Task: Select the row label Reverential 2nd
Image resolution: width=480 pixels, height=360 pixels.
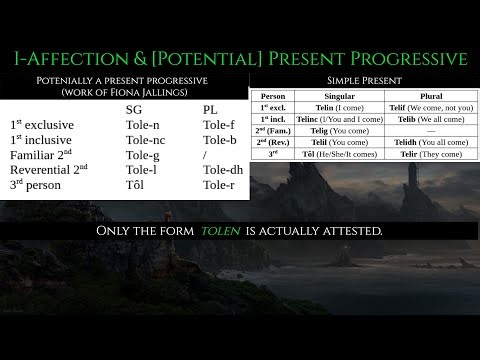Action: [51, 172]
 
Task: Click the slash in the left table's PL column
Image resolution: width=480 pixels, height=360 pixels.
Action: [204, 156]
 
